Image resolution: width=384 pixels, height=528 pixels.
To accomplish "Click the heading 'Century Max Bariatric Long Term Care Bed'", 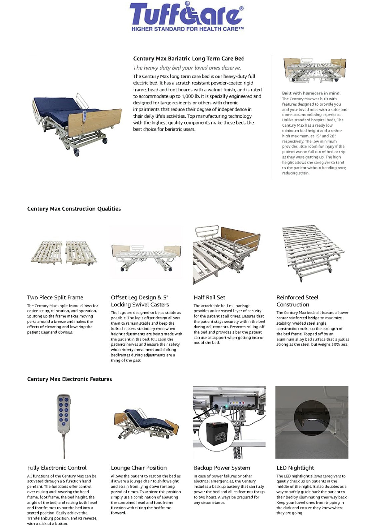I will click(x=189, y=59).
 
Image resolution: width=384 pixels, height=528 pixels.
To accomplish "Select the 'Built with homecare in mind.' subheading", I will click(x=311, y=93).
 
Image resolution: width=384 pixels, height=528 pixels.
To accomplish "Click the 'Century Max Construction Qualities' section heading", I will click(x=74, y=209).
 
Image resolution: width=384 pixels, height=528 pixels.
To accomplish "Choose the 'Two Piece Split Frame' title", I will click(x=55, y=297).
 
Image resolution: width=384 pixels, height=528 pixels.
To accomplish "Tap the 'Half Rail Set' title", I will click(x=209, y=297).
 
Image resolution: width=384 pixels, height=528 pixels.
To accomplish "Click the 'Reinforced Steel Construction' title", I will click(x=297, y=301).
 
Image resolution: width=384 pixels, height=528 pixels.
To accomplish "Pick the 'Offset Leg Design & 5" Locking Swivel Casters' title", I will click(x=140, y=301).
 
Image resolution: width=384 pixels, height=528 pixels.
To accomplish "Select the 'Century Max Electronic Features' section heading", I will click(x=69, y=379).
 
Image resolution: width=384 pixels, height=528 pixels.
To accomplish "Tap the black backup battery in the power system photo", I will click(x=217, y=433).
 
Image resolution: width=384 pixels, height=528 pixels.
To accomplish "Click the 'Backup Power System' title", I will click(x=222, y=468).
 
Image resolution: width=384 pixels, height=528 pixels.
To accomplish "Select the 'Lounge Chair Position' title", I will click(x=139, y=468).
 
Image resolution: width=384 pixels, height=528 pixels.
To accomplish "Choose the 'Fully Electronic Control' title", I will click(x=57, y=468).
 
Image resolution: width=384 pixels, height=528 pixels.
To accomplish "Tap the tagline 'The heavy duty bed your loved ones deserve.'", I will click(x=187, y=68).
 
